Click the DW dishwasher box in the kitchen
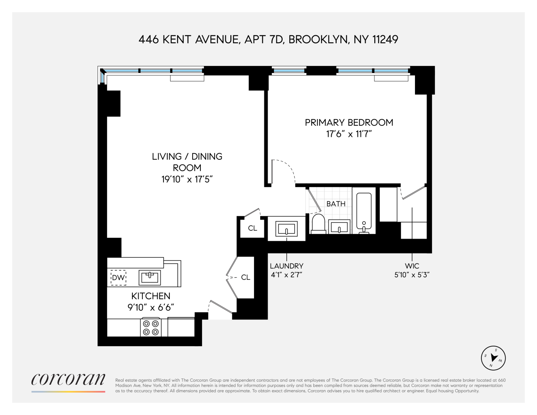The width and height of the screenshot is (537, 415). (x=118, y=278)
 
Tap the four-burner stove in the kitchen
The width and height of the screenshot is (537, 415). (x=151, y=327)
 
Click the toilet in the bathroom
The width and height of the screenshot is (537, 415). (x=318, y=223)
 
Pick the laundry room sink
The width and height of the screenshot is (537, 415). (x=287, y=229)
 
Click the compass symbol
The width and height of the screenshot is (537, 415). (x=493, y=357)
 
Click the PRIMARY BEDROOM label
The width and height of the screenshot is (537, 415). (x=349, y=122)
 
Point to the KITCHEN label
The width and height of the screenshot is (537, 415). (x=151, y=296)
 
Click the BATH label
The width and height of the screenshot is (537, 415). (x=336, y=204)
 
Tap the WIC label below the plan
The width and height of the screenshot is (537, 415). (x=413, y=266)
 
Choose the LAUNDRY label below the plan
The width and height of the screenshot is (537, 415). (x=286, y=266)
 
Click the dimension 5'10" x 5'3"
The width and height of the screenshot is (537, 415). (x=413, y=275)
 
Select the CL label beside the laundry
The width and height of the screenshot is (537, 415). (x=252, y=228)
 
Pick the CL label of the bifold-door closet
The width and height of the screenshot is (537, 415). (x=246, y=277)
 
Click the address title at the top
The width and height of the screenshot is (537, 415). (x=268, y=39)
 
